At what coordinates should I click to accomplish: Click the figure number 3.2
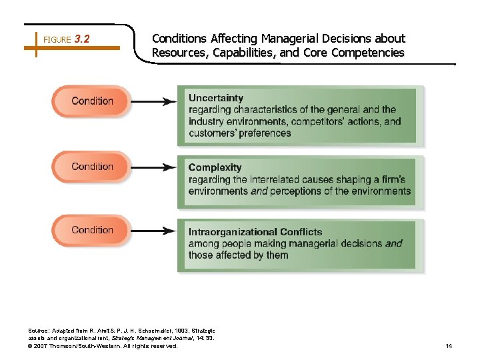tap(83, 39)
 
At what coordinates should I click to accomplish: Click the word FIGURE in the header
tap(57, 40)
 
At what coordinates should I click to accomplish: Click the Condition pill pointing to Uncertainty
tap(92, 101)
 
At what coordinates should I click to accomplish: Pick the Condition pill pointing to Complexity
tap(92, 167)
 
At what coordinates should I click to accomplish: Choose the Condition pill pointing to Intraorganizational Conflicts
tap(92, 230)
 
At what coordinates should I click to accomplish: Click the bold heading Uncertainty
tap(216, 98)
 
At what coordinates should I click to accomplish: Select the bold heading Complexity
tap(215, 168)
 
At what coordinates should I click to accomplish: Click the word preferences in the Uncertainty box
tap(264, 133)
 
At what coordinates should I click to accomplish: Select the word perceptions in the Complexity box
tap(300, 191)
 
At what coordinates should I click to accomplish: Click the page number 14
tap(449, 346)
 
